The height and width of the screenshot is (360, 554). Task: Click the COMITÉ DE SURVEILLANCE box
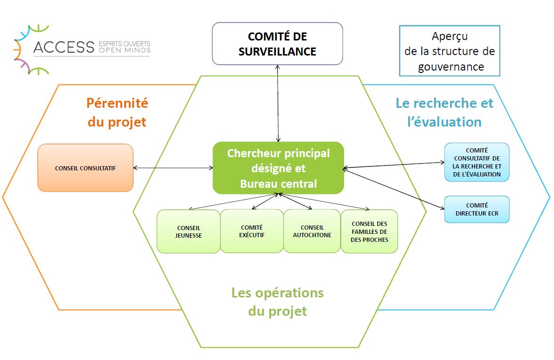click(x=277, y=43)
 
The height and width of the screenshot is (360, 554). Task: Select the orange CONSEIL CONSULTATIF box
click(x=86, y=168)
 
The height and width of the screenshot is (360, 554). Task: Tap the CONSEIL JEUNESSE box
click(x=188, y=232)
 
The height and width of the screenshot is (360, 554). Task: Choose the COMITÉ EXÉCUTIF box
click(x=251, y=231)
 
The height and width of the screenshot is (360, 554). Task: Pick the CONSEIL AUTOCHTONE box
click(x=312, y=231)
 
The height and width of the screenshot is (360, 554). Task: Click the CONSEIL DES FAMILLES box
click(x=369, y=232)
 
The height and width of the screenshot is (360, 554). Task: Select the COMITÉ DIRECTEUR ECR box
click(x=477, y=209)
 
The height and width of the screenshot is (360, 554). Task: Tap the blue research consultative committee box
click(x=477, y=162)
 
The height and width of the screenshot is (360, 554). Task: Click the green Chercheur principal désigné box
click(x=278, y=168)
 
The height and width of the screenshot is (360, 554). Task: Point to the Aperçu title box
click(x=450, y=50)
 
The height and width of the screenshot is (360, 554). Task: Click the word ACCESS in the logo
click(x=64, y=47)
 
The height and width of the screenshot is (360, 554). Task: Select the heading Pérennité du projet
click(x=117, y=112)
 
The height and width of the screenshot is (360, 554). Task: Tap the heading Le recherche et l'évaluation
click(x=444, y=112)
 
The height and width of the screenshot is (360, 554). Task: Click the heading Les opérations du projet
click(x=277, y=302)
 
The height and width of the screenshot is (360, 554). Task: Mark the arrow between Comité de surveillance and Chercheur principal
click(x=278, y=104)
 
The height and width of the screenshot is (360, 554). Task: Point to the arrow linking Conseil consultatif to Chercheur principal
click(x=173, y=168)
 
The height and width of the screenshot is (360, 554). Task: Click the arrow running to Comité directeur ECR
click(x=393, y=189)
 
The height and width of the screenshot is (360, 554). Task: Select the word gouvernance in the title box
click(x=451, y=67)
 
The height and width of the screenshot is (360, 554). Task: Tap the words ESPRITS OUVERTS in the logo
click(x=124, y=44)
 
